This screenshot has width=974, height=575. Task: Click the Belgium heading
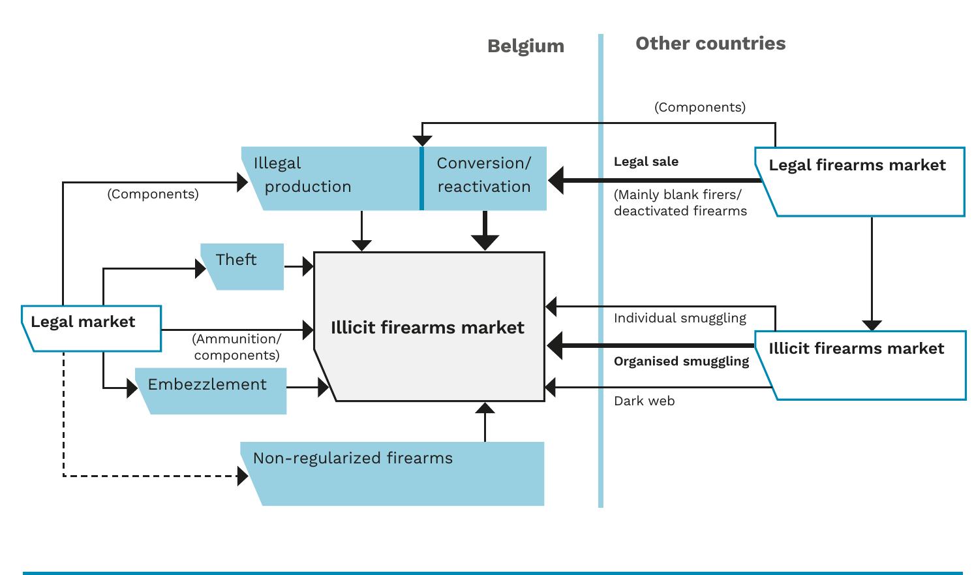(x=525, y=46)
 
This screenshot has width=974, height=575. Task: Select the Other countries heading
(x=710, y=44)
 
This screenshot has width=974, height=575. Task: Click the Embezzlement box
(x=211, y=390)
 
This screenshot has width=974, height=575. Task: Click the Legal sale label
(x=646, y=162)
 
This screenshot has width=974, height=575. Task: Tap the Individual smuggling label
(x=680, y=319)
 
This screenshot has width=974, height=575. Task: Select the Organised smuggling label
(x=681, y=362)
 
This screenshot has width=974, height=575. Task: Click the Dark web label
(x=644, y=401)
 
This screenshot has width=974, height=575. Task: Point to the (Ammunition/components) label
(x=237, y=347)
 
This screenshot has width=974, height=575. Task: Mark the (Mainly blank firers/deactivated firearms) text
(x=680, y=203)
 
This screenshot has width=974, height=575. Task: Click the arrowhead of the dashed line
(x=243, y=476)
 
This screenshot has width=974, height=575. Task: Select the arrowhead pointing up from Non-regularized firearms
(x=485, y=409)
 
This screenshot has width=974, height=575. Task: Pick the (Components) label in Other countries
(x=699, y=108)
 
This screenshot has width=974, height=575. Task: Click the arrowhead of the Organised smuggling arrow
(x=555, y=345)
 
